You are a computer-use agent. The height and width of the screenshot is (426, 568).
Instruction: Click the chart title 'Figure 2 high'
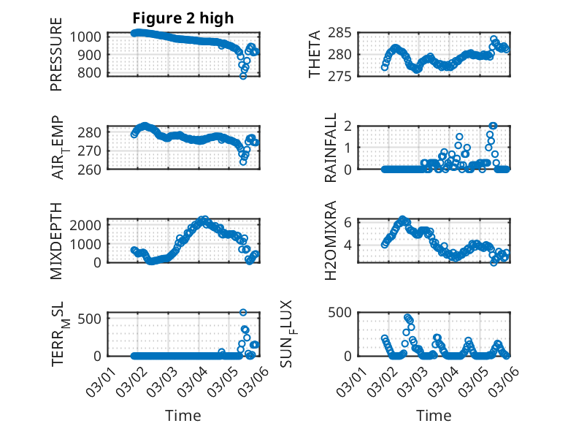[x=183, y=18]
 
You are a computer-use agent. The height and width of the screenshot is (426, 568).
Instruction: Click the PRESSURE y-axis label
[x=56, y=55]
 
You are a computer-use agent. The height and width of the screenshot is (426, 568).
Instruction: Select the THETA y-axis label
[x=315, y=55]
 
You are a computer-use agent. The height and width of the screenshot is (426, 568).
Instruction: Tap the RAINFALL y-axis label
[x=331, y=148]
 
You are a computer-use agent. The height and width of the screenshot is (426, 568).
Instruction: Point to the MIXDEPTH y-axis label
[x=56, y=240]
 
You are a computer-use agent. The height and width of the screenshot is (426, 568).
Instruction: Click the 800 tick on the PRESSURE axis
[x=95, y=73]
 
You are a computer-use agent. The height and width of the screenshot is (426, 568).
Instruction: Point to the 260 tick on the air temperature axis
[x=95, y=169]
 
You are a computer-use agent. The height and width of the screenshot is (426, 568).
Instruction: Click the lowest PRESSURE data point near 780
[x=243, y=76]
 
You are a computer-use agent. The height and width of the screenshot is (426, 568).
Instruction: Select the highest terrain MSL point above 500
[x=243, y=312]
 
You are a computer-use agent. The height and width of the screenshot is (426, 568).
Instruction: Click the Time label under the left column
[x=183, y=415]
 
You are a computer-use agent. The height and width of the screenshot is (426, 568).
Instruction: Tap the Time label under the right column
[x=434, y=415]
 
